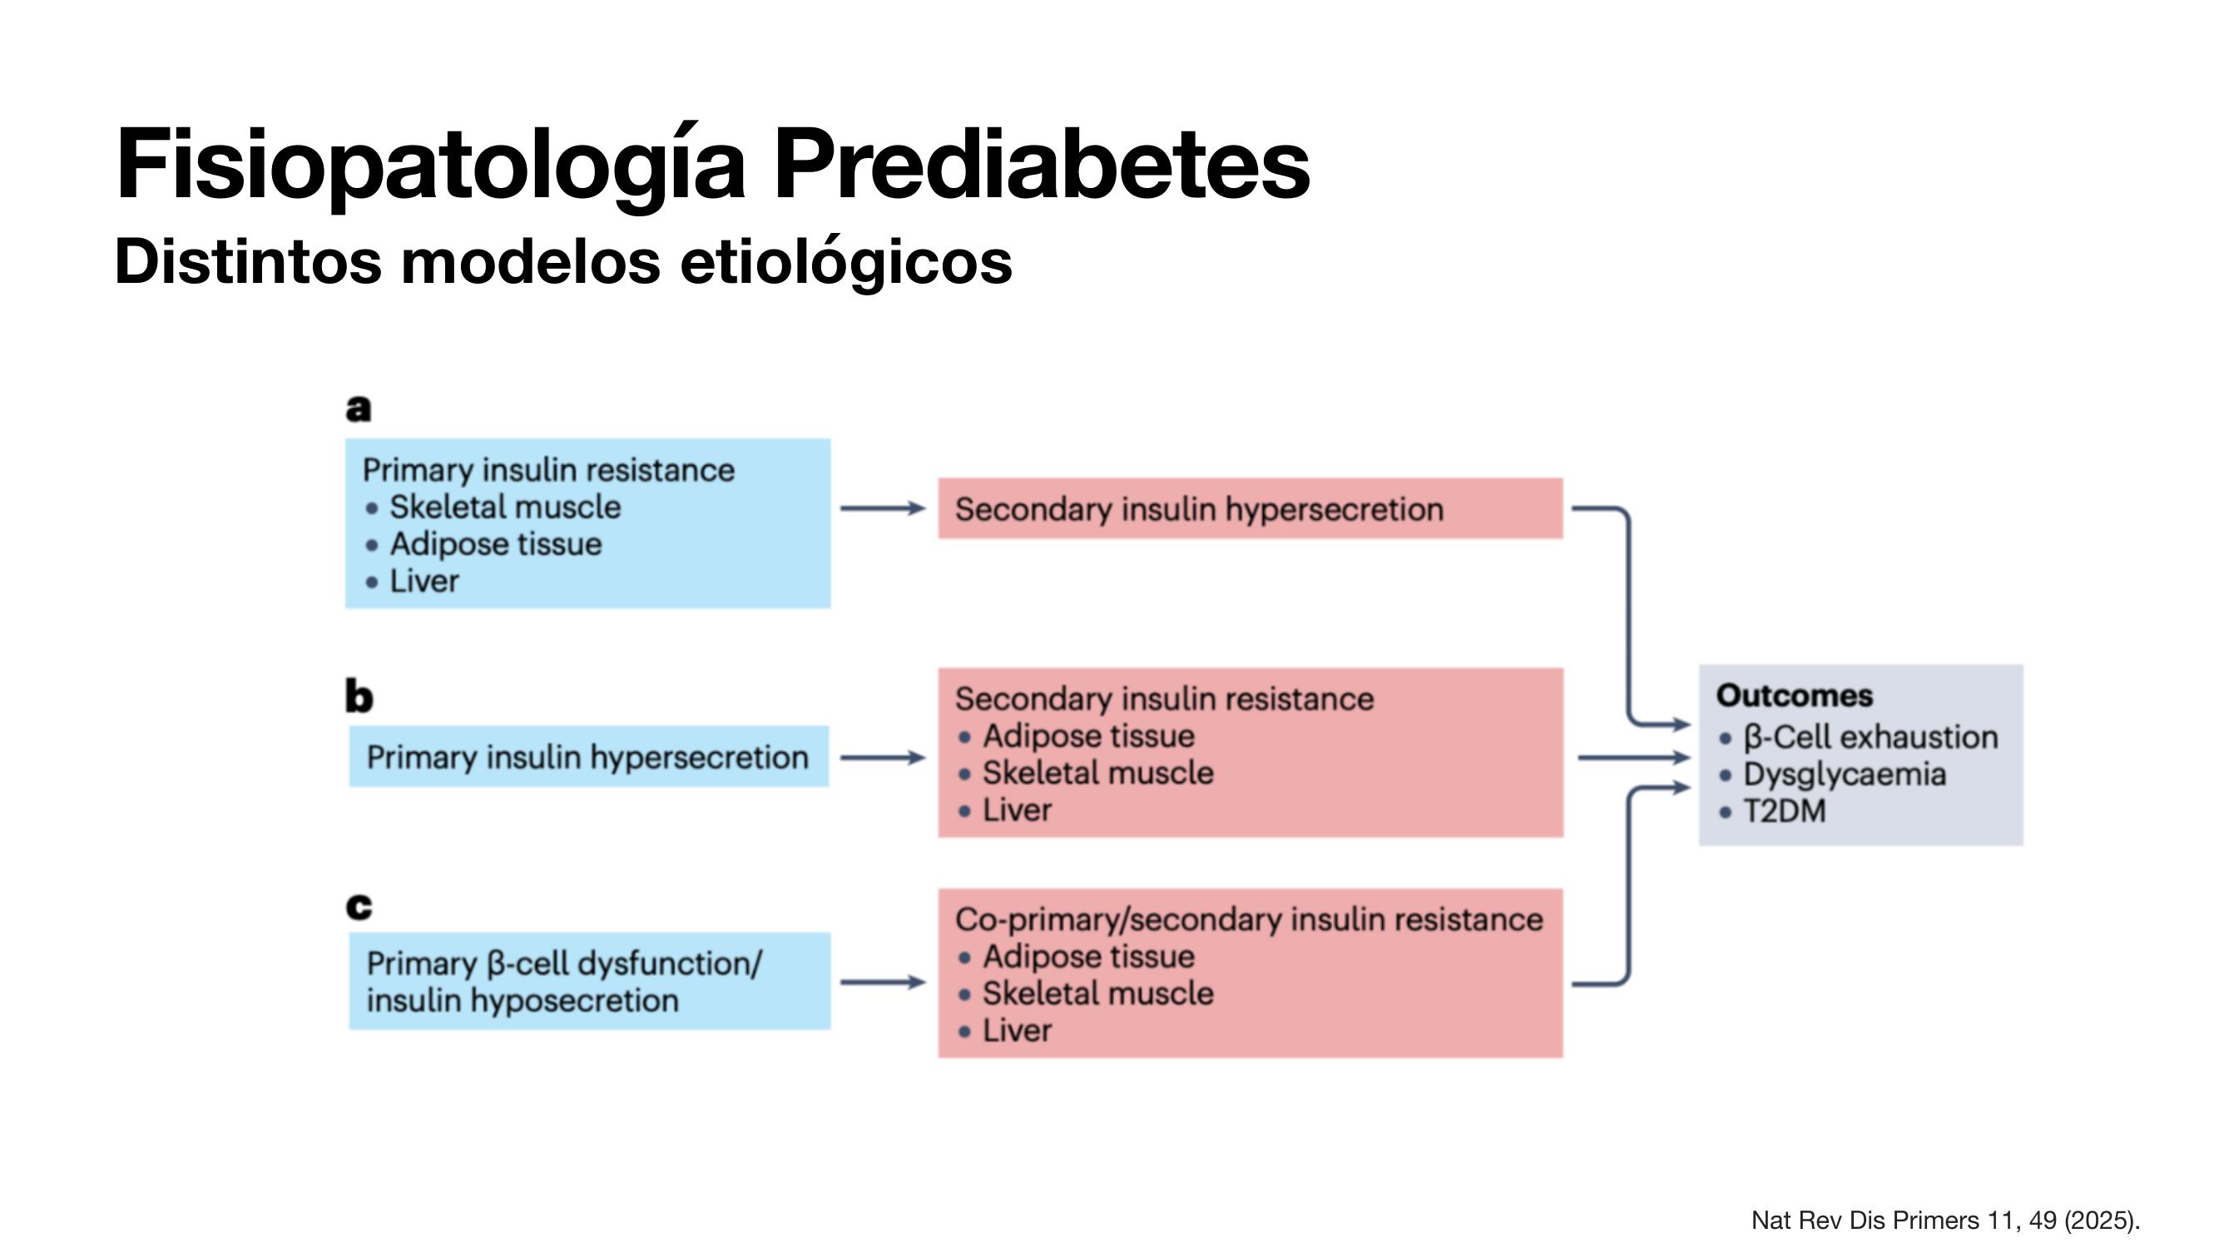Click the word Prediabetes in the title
1042,164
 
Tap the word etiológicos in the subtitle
846,263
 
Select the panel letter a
359,408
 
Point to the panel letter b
359,696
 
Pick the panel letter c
359,906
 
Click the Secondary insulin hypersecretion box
1250,508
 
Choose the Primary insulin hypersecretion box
588,756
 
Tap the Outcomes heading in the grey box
1795,695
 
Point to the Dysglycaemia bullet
1832,775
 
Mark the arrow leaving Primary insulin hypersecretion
883,758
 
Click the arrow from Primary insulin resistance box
883,509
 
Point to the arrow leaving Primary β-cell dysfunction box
883,982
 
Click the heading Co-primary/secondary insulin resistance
1249,920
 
